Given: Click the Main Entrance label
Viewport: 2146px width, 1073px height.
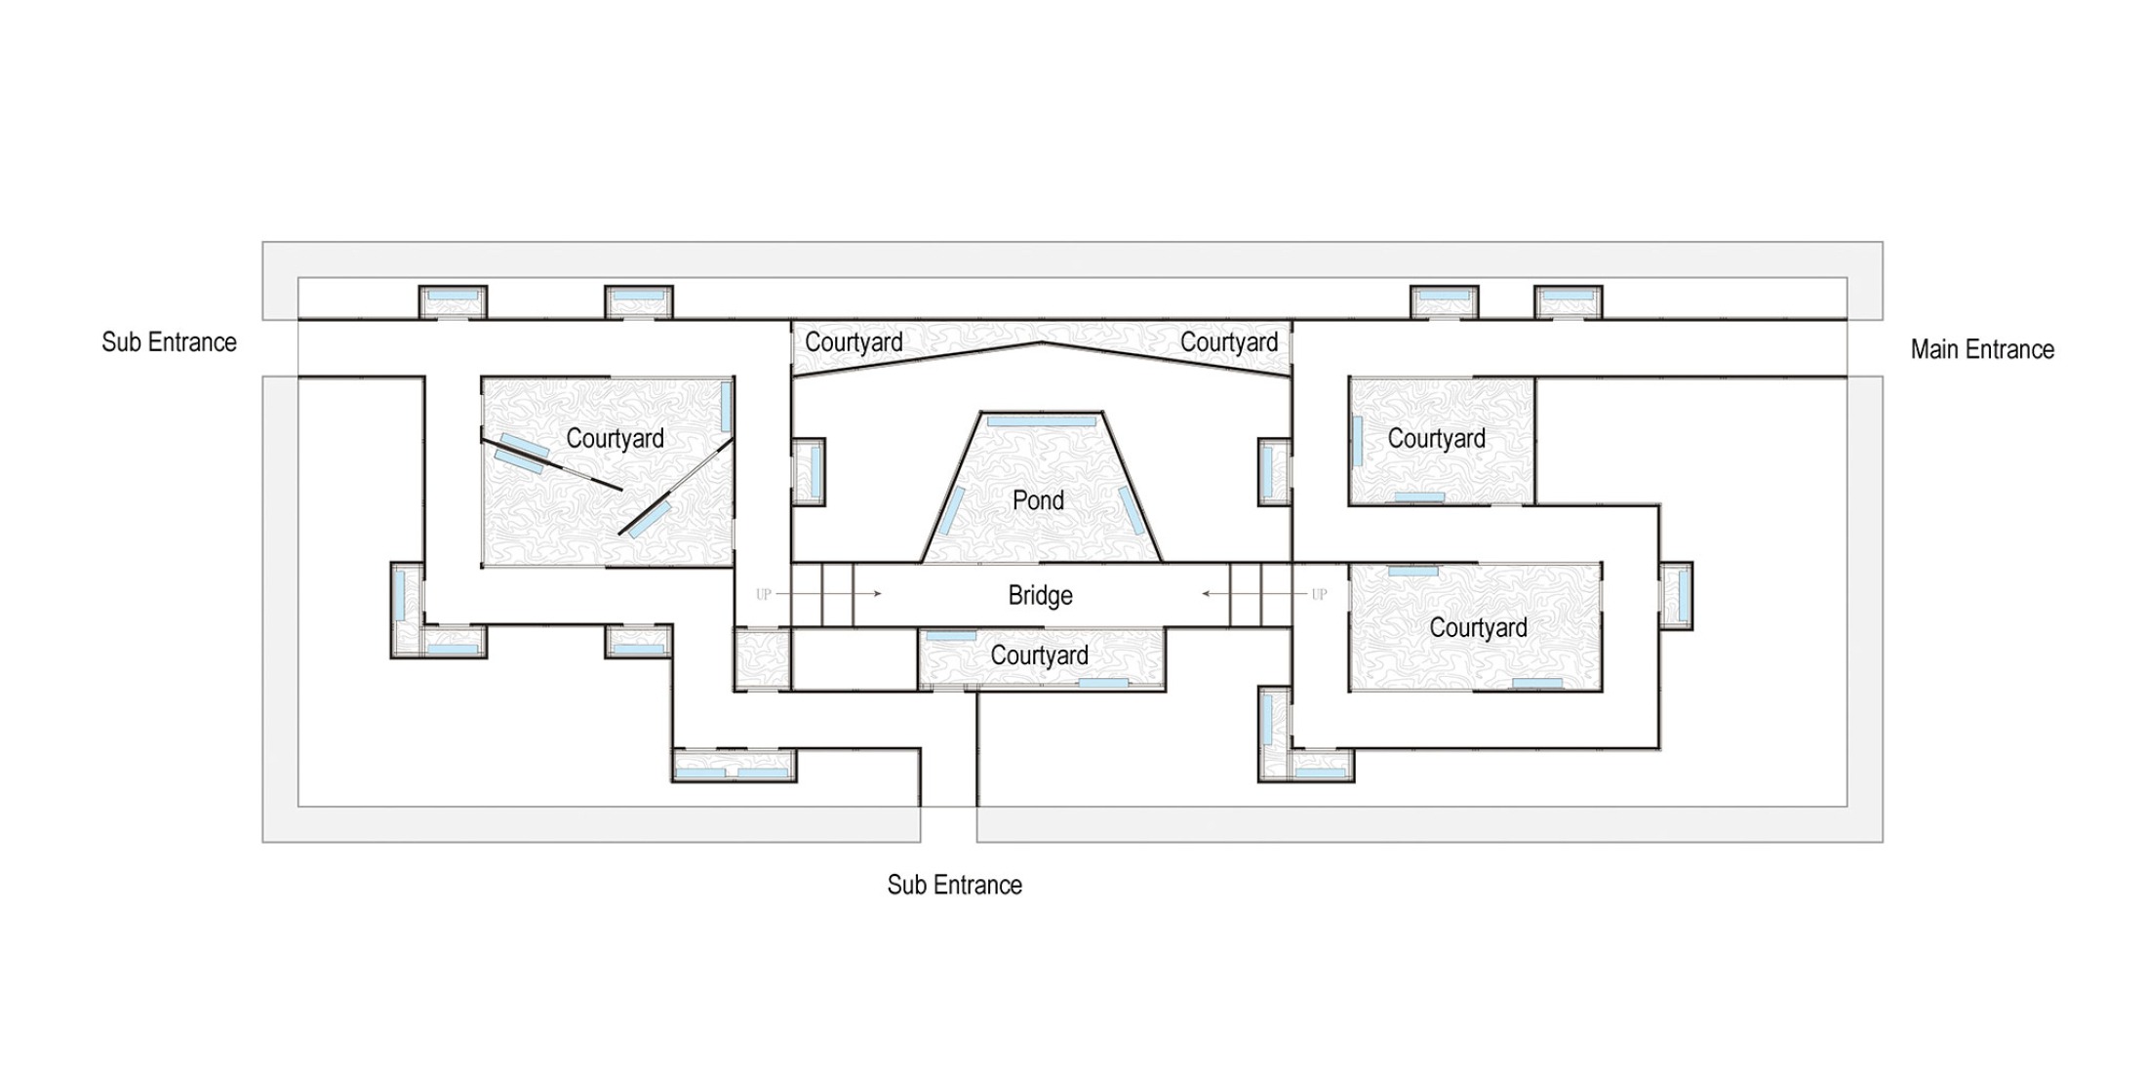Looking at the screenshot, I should click(x=1981, y=349).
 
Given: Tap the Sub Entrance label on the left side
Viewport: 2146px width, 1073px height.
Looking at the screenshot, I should click(x=169, y=342).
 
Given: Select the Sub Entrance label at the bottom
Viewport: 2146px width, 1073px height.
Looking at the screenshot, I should click(x=954, y=885).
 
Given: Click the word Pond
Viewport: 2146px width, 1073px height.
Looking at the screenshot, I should click(x=1038, y=500).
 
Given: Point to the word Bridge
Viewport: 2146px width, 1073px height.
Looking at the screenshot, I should click(x=1040, y=595).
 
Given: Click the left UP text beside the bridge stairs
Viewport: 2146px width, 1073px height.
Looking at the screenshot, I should click(x=764, y=594).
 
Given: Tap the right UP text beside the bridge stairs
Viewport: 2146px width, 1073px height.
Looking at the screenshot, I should click(x=1319, y=594).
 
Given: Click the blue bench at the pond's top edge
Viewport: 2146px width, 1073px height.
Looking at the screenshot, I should click(x=1041, y=421).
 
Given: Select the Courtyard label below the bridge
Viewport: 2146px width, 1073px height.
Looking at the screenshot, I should click(x=1039, y=656).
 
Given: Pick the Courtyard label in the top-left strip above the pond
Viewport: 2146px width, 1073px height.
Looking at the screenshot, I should click(x=854, y=342).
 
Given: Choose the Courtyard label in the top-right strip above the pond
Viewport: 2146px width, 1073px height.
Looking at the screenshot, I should click(x=1228, y=342).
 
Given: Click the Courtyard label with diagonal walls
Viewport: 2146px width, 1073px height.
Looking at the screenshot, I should click(x=615, y=439).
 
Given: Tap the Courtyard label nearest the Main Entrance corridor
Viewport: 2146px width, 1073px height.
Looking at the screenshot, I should click(x=1436, y=439).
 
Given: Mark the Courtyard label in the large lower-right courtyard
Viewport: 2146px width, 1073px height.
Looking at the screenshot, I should click(x=1478, y=628).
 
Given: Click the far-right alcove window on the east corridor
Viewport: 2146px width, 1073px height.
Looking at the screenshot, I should click(x=1677, y=595).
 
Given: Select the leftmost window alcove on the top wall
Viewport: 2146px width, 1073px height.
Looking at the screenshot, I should click(x=453, y=300).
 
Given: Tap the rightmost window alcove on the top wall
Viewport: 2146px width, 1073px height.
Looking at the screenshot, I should click(x=1568, y=300).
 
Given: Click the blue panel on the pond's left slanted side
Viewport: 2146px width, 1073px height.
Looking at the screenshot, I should click(x=951, y=511).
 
